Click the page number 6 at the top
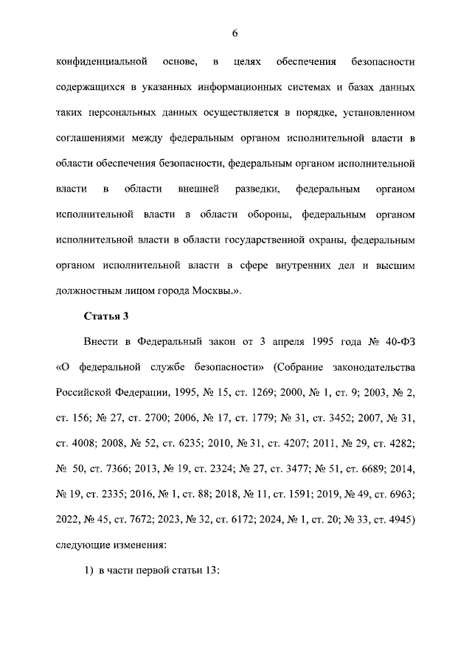pyautogui.click(x=235, y=33)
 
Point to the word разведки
pyautogui.click(x=257, y=189)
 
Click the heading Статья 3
pyautogui.click(x=107, y=317)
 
